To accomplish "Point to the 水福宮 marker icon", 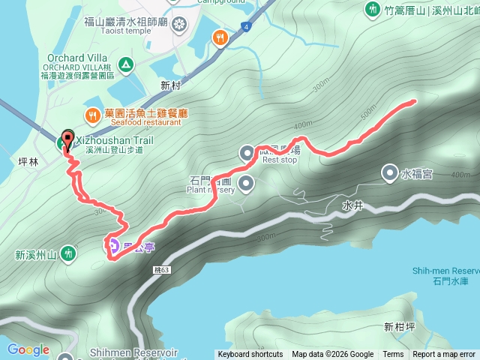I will coord(390,173).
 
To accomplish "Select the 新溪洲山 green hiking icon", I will coord(68,254).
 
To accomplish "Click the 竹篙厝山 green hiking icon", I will coord(373,10).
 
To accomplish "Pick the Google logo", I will coord(28,349).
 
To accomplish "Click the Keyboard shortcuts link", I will coord(250,355).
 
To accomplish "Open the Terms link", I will coord(393,355).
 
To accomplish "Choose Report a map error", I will coord(444,355).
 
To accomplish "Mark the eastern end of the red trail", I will coord(413,101).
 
